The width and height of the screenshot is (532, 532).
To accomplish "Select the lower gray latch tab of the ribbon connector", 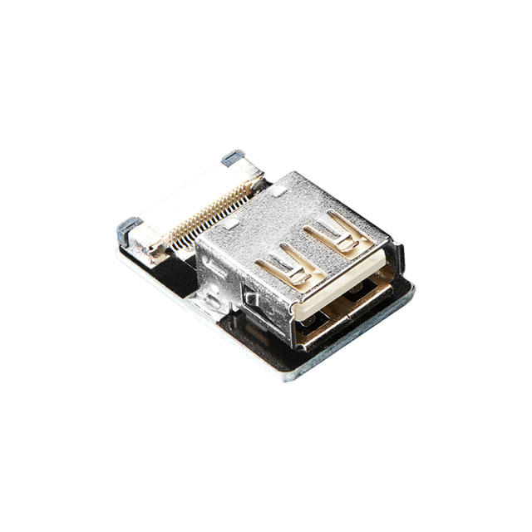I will [x=130, y=224].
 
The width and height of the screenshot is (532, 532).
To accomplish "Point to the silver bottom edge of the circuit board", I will [x=208, y=316].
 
